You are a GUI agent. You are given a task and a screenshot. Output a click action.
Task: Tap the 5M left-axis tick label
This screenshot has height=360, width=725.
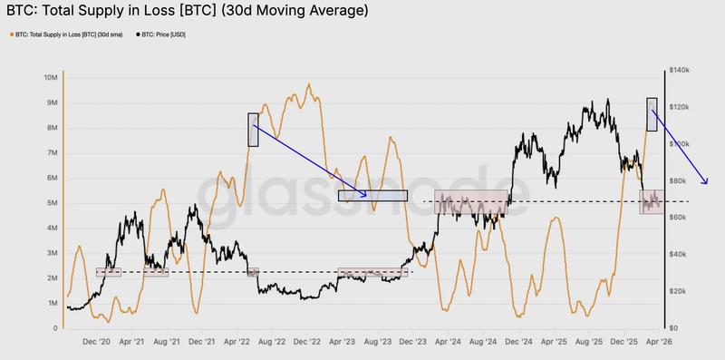(x=53, y=203)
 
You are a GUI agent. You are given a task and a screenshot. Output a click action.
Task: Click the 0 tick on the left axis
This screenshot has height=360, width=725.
(x=57, y=328)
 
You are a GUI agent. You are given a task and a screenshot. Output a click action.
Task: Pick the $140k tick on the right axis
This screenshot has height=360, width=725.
(x=680, y=70)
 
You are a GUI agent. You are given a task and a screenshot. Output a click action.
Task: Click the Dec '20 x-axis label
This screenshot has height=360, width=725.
(x=96, y=343)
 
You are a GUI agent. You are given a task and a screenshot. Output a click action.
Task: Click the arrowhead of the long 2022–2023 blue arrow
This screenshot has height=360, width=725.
(x=365, y=195)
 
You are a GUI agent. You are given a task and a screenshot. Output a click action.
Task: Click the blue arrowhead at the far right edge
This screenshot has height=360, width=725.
(x=705, y=180)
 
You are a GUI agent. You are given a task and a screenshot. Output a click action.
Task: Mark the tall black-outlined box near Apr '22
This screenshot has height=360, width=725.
(x=253, y=129)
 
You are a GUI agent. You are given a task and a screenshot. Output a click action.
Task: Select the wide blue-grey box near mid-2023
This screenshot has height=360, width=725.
(x=372, y=195)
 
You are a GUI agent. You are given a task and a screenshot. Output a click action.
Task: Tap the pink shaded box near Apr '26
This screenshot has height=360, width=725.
(x=652, y=202)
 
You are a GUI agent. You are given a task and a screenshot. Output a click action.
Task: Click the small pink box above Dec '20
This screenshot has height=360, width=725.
(x=108, y=272)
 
